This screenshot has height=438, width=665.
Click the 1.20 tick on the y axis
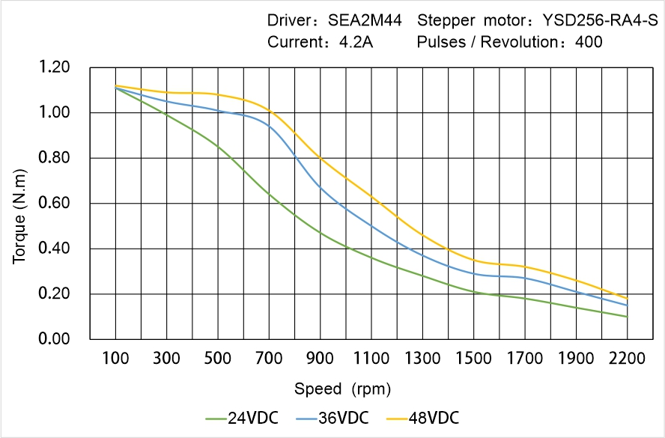point(55,68)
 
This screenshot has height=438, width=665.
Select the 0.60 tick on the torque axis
point(55,204)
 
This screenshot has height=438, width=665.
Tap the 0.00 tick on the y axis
point(55,339)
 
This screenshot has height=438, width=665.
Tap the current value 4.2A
point(356,43)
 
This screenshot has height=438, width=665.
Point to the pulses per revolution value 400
point(589,43)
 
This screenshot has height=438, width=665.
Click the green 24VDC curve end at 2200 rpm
point(627,317)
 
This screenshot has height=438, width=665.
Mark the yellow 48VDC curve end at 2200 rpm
point(627,299)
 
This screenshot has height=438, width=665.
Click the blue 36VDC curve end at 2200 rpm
point(627,305)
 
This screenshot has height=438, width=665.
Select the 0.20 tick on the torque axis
point(55,294)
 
